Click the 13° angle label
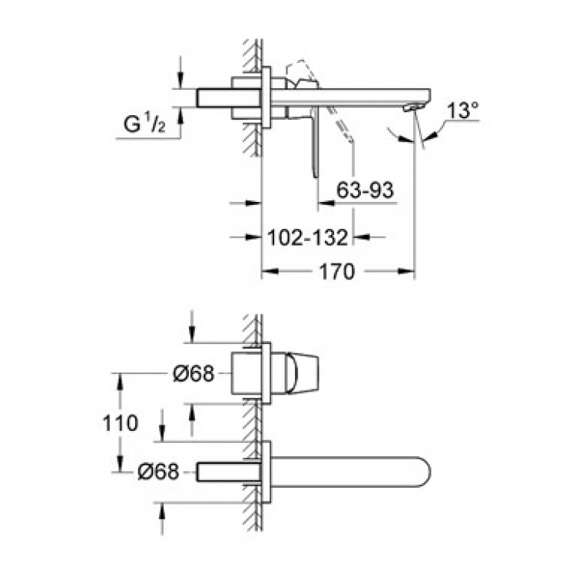tap(463, 110)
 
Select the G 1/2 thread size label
tap(144, 124)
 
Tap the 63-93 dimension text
tap(365, 190)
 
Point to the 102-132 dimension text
tap(307, 237)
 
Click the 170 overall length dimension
tap(337, 272)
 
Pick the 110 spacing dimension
tap(120, 423)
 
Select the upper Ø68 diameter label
tap(194, 374)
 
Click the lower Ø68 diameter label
tap(158, 472)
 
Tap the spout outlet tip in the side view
tap(410, 108)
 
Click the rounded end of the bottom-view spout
tap(426, 472)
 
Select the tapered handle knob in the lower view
tap(302, 373)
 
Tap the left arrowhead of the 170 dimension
tap(270, 271)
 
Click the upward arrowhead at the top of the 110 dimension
tap(120, 382)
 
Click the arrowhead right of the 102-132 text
tap(361, 237)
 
